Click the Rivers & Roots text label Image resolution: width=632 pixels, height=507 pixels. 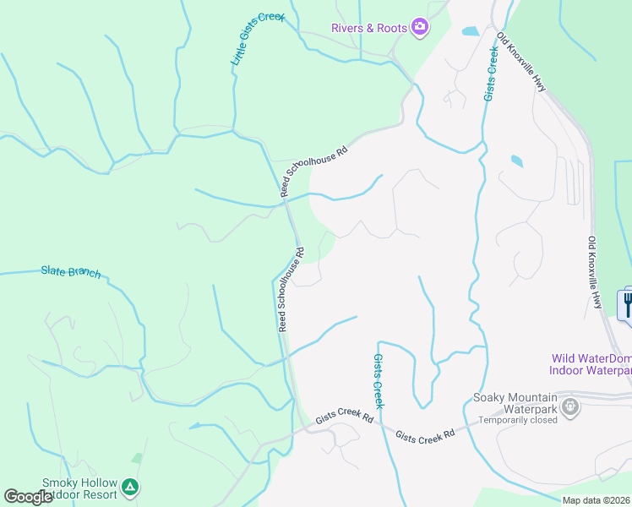[368, 28]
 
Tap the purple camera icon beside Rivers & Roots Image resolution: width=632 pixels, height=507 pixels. [419, 28]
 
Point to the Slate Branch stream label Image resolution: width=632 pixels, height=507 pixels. [71, 272]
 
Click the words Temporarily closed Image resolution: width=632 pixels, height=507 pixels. [517, 420]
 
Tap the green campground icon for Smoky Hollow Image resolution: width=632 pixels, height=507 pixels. [129, 488]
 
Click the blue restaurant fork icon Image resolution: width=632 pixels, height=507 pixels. [626, 304]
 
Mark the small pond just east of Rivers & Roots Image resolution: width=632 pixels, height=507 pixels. [470, 32]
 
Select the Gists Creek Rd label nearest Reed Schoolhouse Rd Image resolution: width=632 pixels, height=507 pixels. [345, 417]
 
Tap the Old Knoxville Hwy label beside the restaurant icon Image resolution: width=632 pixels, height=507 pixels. [595, 272]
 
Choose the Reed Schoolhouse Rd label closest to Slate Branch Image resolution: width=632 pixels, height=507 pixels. [290, 289]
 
